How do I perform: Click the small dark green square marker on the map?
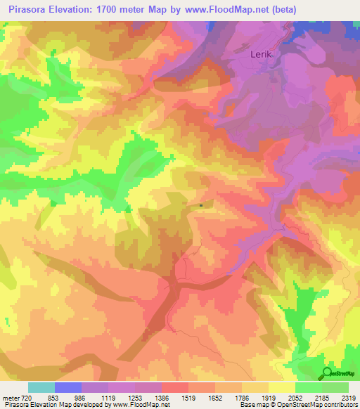click(201, 206)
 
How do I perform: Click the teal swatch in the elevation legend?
click(41, 387)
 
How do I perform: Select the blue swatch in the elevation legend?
click(68, 387)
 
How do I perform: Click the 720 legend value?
click(27, 398)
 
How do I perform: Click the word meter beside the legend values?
click(10, 398)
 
